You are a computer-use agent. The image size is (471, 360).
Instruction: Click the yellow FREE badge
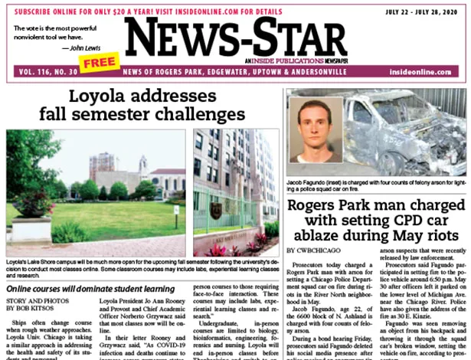pos(98,62)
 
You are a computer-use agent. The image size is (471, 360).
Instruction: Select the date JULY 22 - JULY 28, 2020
pos(416,11)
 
